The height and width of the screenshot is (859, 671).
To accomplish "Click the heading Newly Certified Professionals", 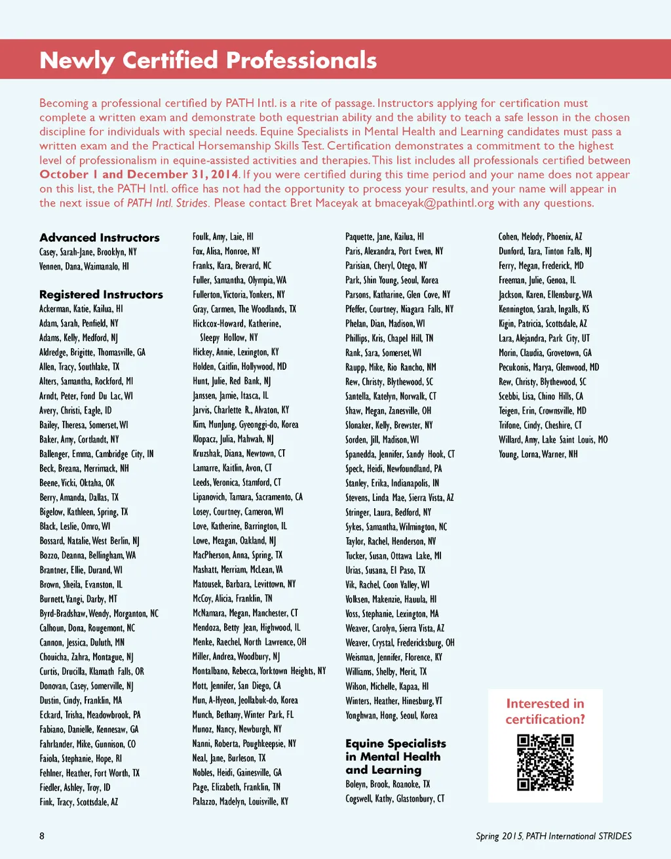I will tap(208, 60).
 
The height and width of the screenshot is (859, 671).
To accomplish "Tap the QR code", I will tap(545, 763).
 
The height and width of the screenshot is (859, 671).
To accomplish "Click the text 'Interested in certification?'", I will tap(545, 711).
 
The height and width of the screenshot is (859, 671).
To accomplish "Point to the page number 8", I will tap(42, 835).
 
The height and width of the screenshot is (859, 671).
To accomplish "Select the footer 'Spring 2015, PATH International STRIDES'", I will tap(554, 836).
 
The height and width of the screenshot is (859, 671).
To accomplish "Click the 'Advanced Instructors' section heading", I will tap(100, 237).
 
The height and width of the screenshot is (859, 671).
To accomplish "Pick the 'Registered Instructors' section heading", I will tap(101, 294).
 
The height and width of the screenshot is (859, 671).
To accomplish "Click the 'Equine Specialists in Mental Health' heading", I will tap(396, 749).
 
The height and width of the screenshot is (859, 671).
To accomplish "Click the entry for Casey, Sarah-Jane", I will tap(88, 252).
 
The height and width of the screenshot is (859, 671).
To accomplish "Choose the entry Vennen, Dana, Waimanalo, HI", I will tap(84, 266).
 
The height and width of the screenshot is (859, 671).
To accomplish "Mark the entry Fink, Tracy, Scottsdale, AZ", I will tap(79, 802).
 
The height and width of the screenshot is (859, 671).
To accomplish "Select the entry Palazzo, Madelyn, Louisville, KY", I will tap(240, 801).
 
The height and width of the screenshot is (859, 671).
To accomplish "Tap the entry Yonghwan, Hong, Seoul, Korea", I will tap(391, 715).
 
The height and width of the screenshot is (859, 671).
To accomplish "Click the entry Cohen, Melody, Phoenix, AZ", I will tap(540, 237).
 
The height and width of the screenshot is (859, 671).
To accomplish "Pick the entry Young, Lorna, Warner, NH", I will tap(538, 454).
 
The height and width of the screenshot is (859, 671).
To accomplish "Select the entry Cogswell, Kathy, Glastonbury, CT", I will tap(395, 799).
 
